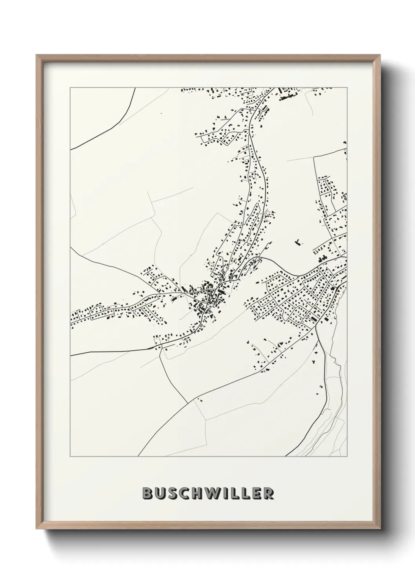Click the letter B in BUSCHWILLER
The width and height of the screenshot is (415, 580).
(147, 493)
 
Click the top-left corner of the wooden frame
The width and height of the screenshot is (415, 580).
(37, 55)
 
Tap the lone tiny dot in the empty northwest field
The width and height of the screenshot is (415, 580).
(160, 113)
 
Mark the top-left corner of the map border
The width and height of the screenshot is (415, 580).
(70, 88)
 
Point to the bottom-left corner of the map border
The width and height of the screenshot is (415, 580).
(70, 457)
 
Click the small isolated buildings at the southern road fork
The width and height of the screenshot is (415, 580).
(200, 400)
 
